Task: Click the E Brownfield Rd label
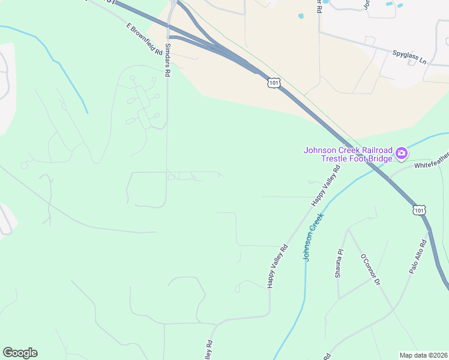tap(145, 40)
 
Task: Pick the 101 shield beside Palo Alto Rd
tap(420, 210)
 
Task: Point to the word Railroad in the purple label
tap(370, 150)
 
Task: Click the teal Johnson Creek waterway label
tap(313, 237)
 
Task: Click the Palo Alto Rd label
tap(418, 257)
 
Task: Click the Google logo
tap(20, 353)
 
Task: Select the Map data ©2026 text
tap(423, 355)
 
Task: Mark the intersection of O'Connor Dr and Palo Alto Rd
tap(394, 310)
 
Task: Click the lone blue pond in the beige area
tap(300, 16)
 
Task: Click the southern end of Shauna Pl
tap(339, 298)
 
